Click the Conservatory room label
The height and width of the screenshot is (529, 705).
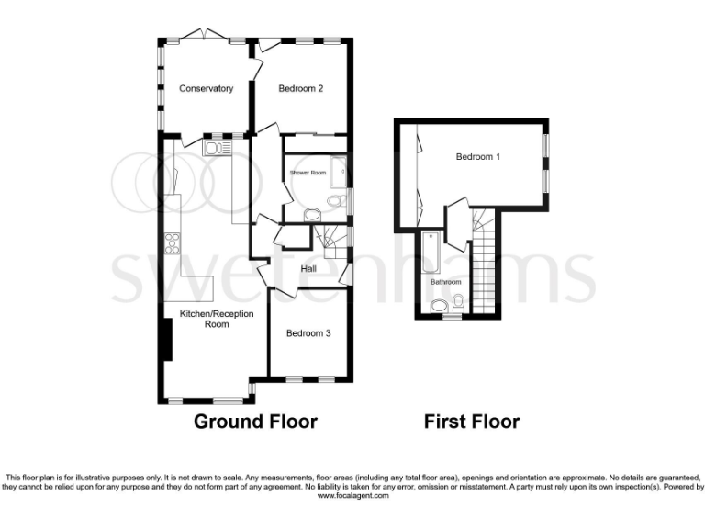pyautogui.click(x=206, y=89)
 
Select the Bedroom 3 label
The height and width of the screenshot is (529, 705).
pyautogui.click(x=308, y=333)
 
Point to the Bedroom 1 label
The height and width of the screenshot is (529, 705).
pyautogui.click(x=478, y=157)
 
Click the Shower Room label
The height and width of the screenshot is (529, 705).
pyautogui.click(x=308, y=173)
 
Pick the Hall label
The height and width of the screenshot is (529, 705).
pyautogui.click(x=308, y=268)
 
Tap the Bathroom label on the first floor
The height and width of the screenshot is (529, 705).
pyautogui.click(x=446, y=282)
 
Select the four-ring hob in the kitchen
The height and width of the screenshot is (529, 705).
pyautogui.click(x=172, y=243)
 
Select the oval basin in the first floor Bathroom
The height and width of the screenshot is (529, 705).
pyautogui.click(x=440, y=307)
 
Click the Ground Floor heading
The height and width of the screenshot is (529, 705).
pyautogui.click(x=255, y=422)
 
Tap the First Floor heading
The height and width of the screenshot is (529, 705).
pyautogui.click(x=471, y=422)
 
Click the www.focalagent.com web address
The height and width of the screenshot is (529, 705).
pyautogui.click(x=353, y=495)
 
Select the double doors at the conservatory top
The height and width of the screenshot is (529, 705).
pyautogui.click(x=203, y=35)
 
